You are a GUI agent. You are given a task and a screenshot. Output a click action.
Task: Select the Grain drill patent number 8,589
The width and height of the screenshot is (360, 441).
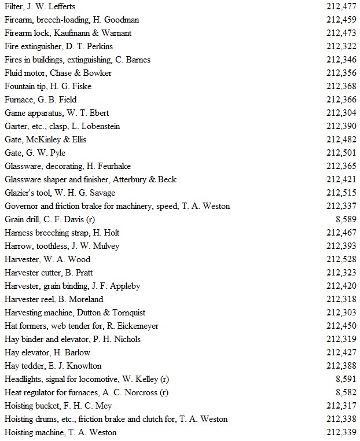coord(346,219)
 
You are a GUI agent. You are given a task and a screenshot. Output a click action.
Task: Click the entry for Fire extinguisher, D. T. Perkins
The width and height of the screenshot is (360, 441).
coord(58,46)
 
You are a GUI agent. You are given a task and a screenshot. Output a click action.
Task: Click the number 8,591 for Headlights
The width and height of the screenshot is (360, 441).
coord(346,379)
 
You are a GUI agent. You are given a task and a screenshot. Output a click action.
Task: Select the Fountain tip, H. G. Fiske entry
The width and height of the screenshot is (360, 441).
coord(47,86)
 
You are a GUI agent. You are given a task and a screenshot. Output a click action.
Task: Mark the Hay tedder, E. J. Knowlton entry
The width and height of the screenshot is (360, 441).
coord(53,366)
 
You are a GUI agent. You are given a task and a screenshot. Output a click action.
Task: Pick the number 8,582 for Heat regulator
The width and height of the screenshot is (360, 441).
coord(346,392)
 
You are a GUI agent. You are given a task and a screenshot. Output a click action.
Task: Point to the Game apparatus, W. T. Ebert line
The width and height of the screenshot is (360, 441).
coord(56,113)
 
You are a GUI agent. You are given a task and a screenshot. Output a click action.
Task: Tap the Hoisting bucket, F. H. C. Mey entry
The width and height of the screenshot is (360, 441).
coord(58,406)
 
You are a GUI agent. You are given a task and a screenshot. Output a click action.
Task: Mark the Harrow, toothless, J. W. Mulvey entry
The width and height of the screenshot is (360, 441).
coord(62,246)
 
